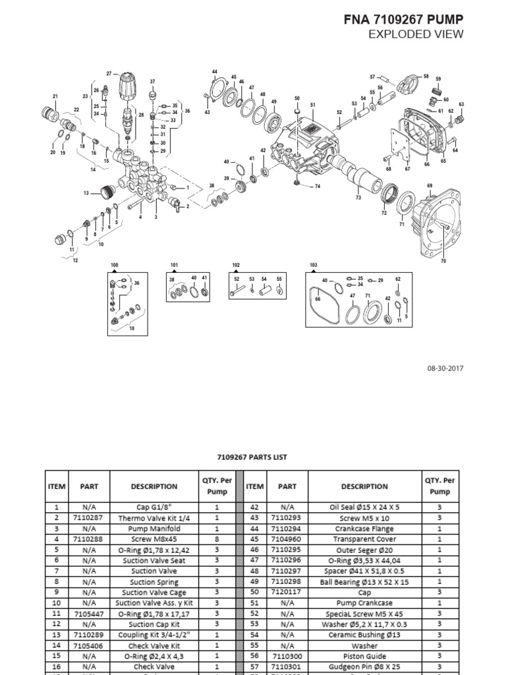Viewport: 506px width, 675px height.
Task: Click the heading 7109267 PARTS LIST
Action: pos(252,457)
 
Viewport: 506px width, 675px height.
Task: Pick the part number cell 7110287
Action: pos(89,517)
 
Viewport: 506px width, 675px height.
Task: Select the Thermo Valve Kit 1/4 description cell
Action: pos(154,517)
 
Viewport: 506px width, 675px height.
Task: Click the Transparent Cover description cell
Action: pos(364,539)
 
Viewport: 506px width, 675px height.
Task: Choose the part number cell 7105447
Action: pos(89,614)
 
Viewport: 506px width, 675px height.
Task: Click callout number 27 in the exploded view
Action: pos(109,74)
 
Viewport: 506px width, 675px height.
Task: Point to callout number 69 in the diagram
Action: pos(430,186)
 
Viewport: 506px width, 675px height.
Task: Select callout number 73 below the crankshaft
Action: pos(358,198)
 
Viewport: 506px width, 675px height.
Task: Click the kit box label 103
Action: pos(313,265)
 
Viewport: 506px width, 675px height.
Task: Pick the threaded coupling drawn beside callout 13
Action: pos(105,192)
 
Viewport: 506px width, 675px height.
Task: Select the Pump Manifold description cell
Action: pos(154,529)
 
